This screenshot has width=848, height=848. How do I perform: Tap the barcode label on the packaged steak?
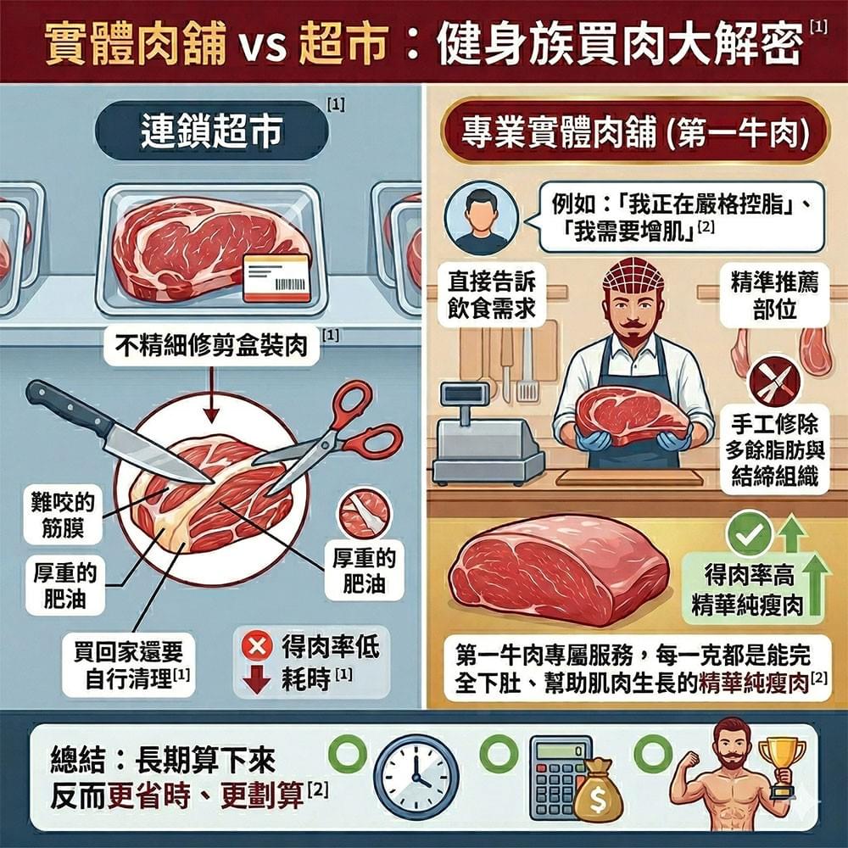tap(276, 277)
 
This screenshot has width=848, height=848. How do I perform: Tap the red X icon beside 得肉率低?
tap(254, 648)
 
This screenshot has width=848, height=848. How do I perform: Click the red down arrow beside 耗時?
tap(254, 680)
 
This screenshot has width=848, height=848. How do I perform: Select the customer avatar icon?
tap(481, 220)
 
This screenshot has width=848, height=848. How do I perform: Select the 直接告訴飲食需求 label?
tap(492, 295)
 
